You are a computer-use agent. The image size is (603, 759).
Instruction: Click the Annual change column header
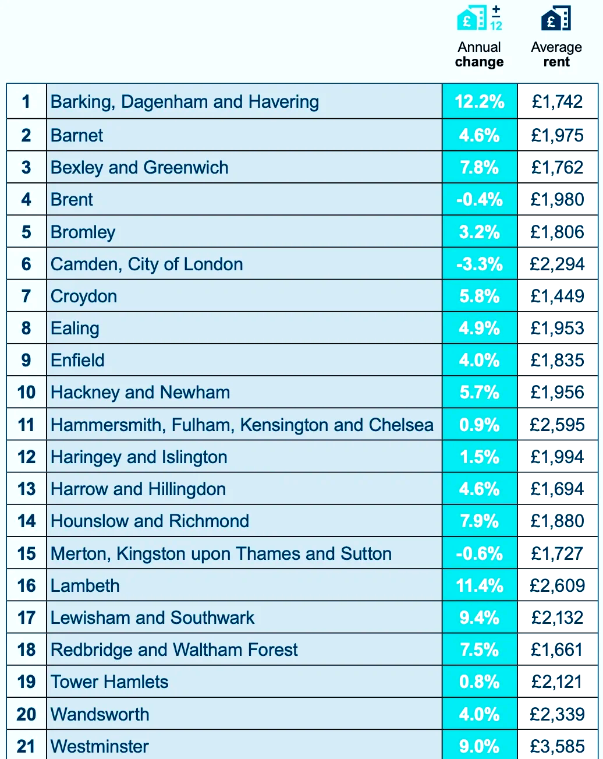[479, 55]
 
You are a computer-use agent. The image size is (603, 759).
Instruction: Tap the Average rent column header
[556, 55]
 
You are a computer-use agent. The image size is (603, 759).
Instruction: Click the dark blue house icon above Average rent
[556, 19]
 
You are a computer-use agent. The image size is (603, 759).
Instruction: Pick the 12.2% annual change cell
[480, 102]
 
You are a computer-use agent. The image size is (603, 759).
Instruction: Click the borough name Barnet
[77, 136]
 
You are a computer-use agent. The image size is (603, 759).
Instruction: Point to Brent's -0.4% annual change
[480, 200]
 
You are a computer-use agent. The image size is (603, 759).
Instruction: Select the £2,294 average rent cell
[557, 264]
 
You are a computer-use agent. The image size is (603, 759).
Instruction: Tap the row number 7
[26, 296]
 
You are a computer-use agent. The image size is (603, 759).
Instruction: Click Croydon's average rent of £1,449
[557, 296]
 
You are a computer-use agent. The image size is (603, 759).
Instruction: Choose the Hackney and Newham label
[140, 393]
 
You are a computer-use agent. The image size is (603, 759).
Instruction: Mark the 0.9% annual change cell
[480, 425]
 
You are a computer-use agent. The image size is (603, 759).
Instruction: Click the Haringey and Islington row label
[139, 457]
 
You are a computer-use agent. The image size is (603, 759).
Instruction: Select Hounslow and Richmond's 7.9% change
[480, 521]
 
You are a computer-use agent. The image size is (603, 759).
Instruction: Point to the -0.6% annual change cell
[480, 554]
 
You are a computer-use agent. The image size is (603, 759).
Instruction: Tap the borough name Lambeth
[85, 586]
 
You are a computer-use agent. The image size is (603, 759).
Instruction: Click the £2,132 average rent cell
[557, 618]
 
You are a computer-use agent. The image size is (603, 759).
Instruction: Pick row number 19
[26, 682]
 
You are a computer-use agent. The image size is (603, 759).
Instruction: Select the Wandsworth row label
[100, 715]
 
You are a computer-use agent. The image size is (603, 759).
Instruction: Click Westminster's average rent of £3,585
[557, 747]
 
